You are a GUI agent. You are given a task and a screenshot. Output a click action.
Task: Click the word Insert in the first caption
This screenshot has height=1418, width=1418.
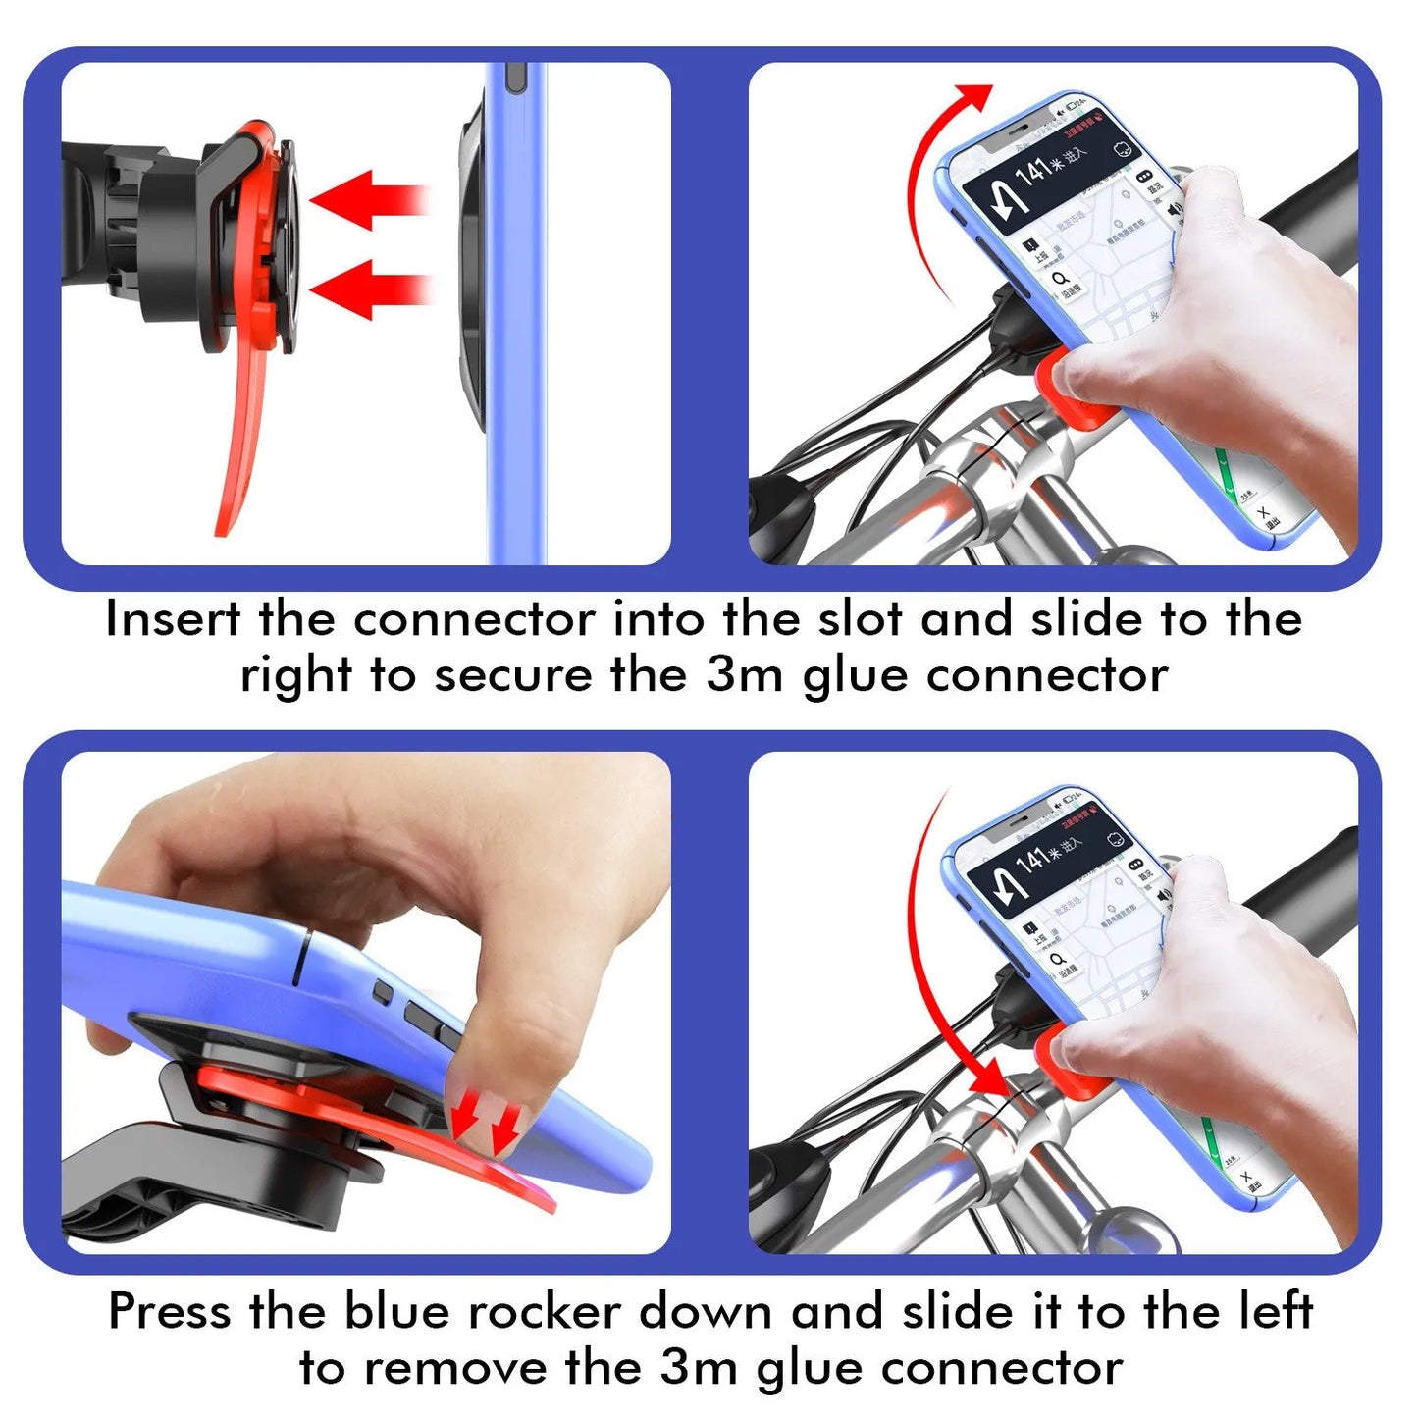click(173, 619)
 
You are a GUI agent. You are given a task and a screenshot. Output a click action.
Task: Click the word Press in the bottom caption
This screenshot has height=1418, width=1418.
click(170, 1311)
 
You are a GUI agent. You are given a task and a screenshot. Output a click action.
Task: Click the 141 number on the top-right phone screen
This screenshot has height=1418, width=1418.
click(1032, 174)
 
